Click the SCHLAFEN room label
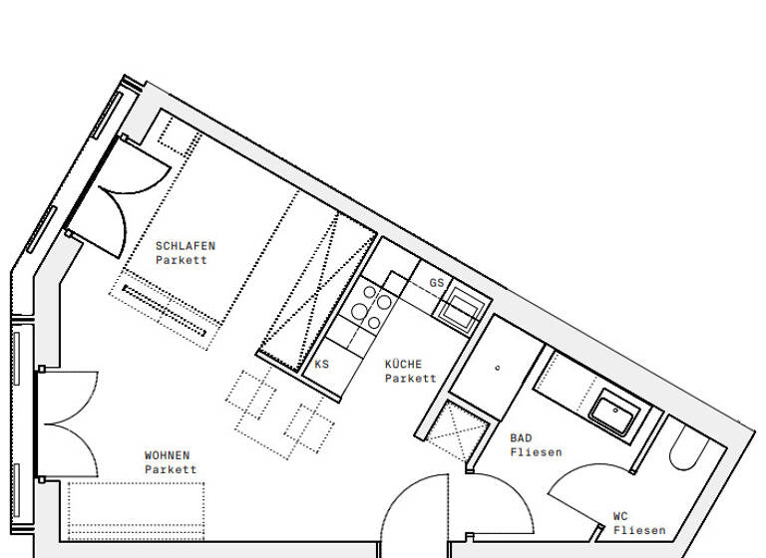[x=185, y=245]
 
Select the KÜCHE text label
[x=404, y=365]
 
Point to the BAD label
[x=521, y=437]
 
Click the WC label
[x=620, y=516]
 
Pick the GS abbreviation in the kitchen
[x=436, y=283]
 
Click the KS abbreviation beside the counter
[x=321, y=365]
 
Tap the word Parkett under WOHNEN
[x=171, y=469]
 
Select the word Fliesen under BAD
[x=536, y=452]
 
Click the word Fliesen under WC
[x=639, y=530]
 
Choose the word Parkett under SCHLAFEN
[x=182, y=260]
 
